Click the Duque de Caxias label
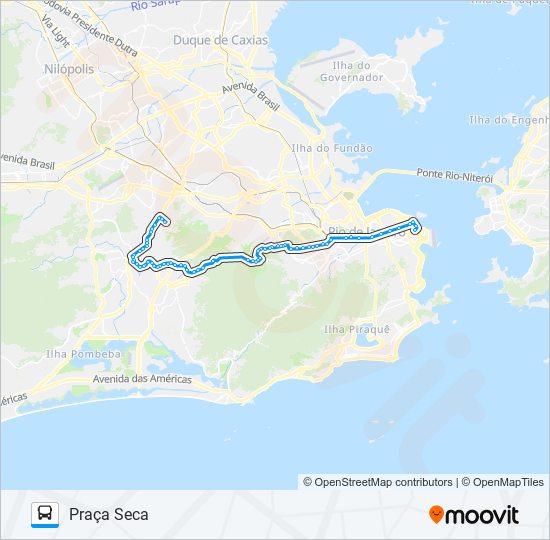click(220, 41)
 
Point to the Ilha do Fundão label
click(317, 148)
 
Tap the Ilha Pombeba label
click(84, 354)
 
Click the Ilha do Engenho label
click(508, 121)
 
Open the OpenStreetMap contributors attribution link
click(383, 482)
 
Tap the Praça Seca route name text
click(109, 515)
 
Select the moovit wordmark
click(481, 515)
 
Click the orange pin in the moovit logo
click(435, 515)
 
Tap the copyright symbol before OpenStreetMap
click(308, 482)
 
